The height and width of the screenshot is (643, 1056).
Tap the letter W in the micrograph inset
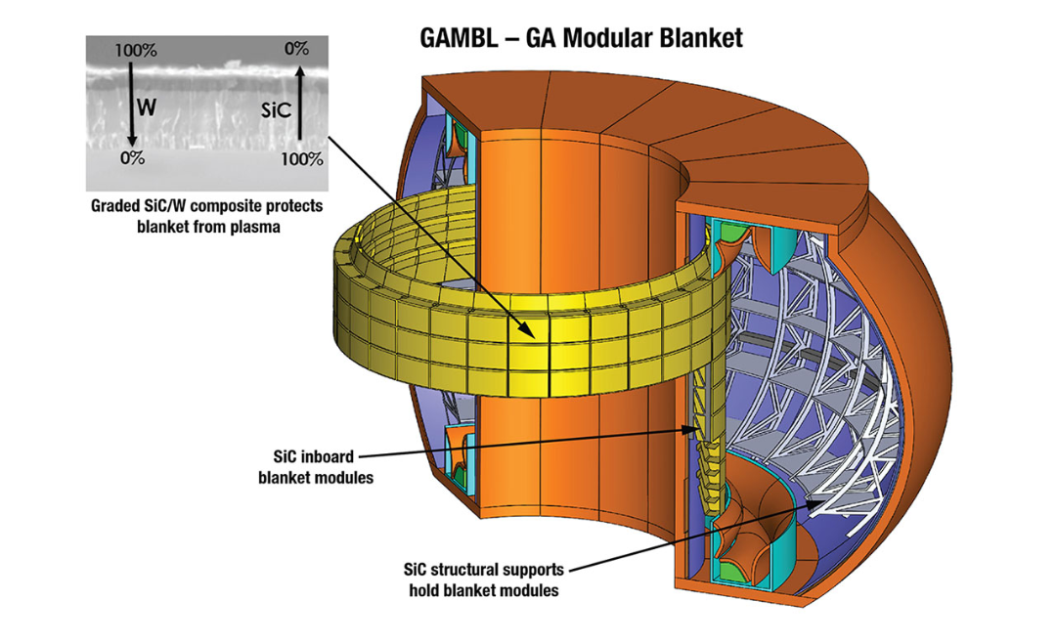tap(146, 108)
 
